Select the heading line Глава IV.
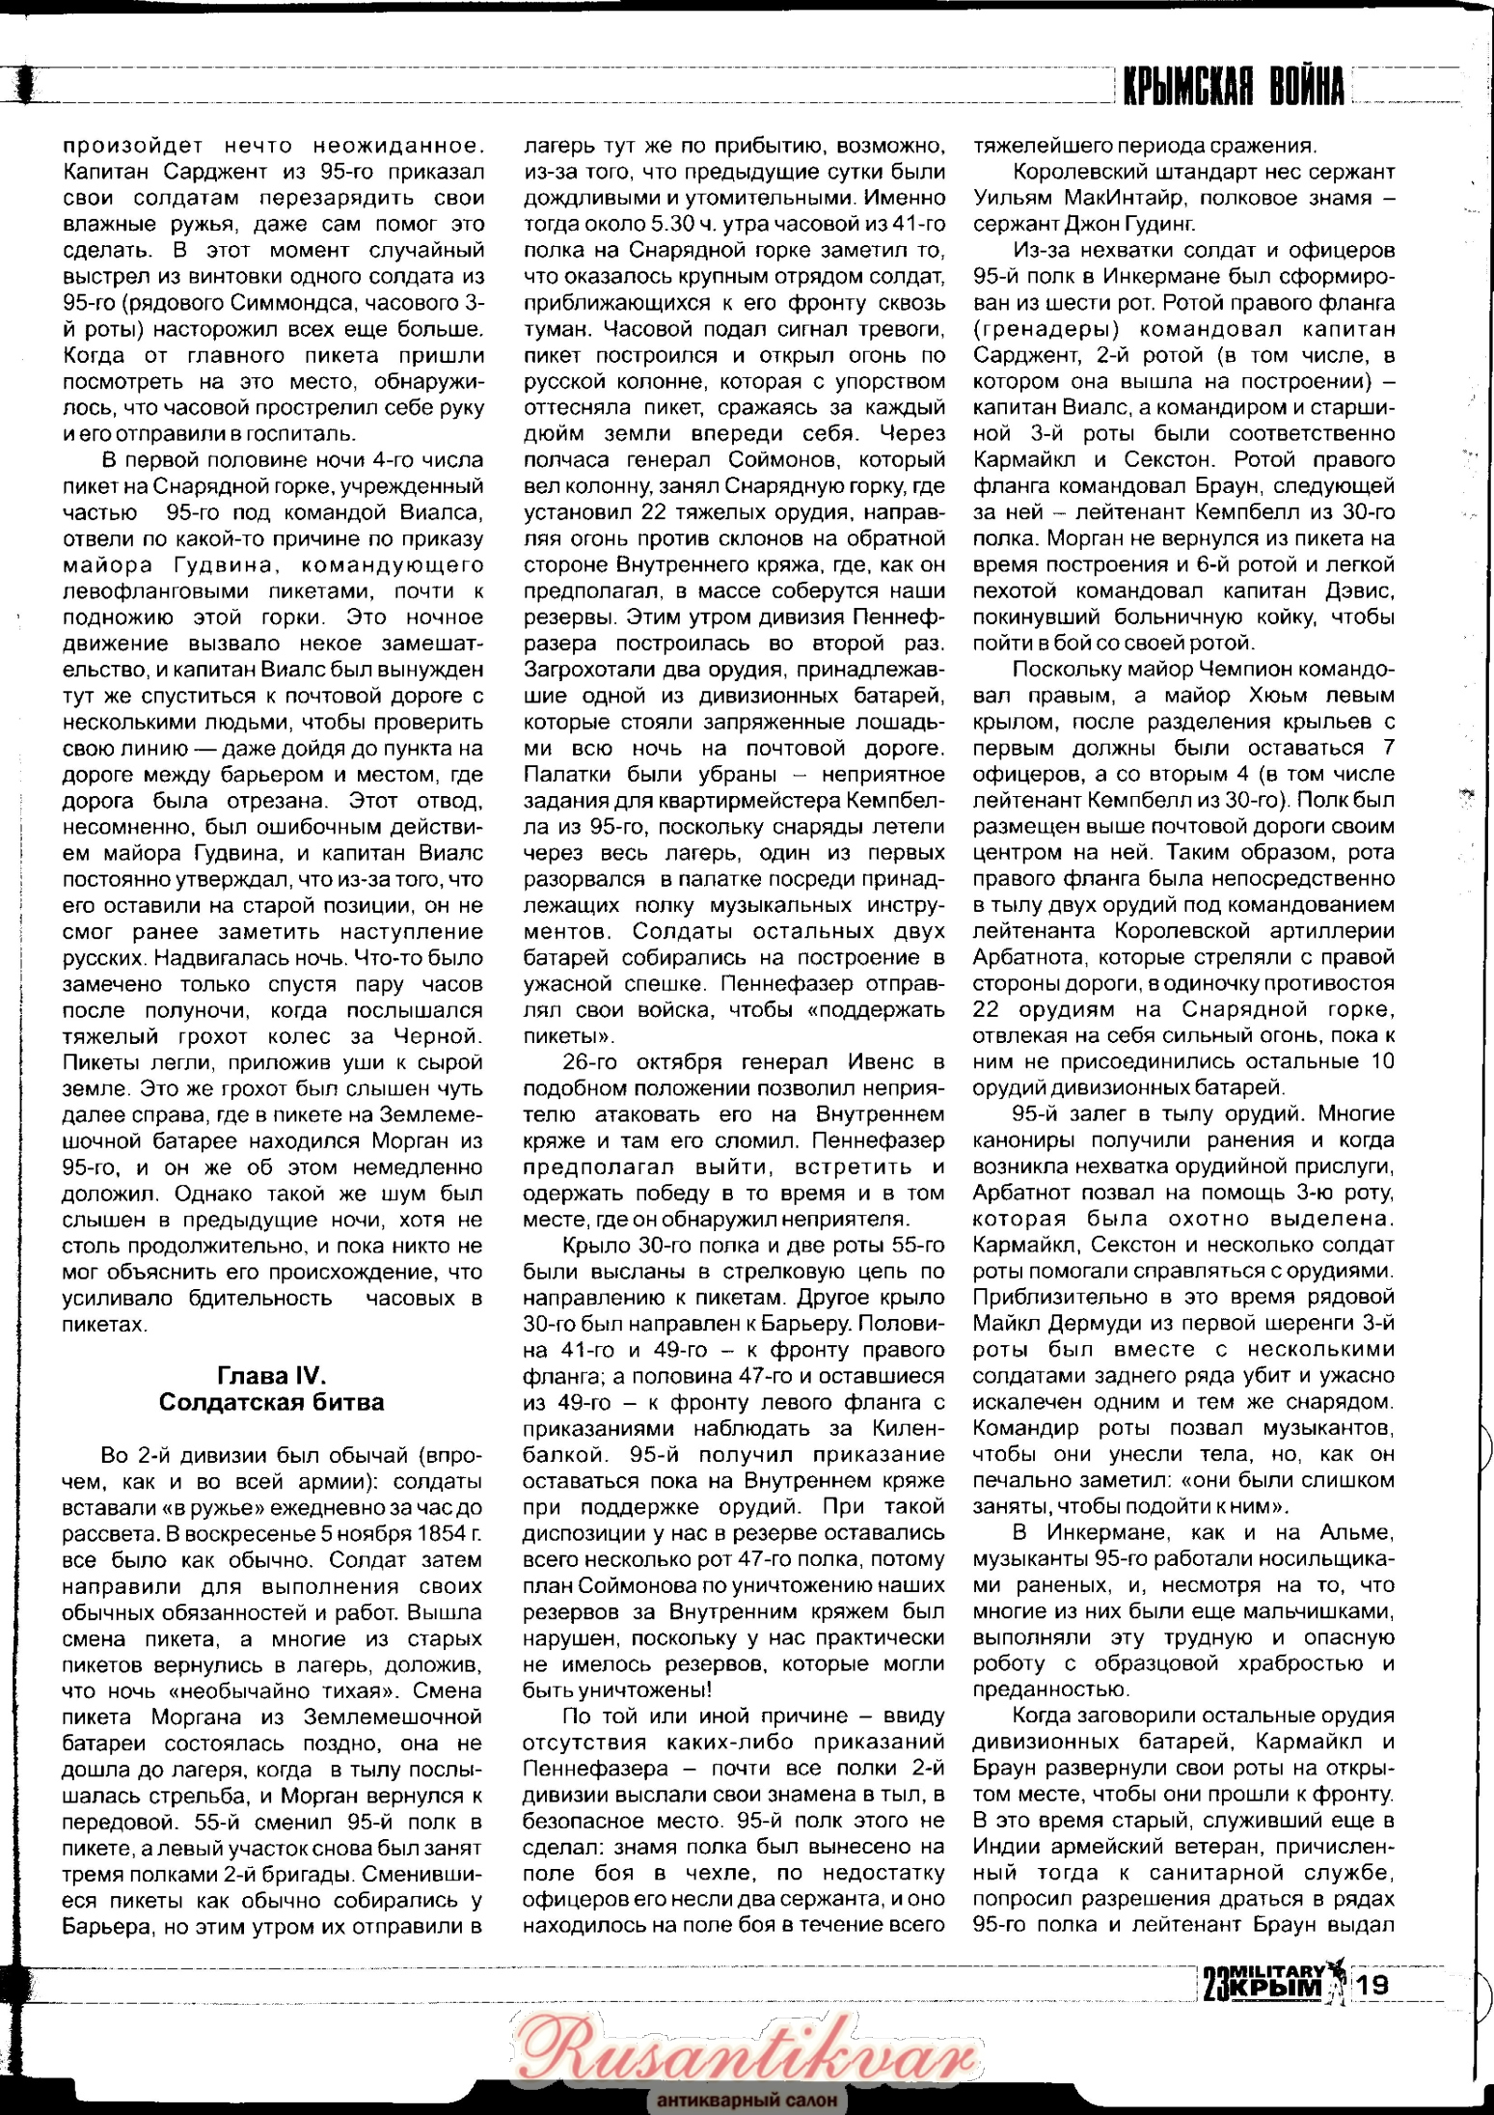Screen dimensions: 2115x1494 click(x=272, y=1375)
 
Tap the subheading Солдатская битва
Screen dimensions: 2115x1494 click(x=272, y=1402)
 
